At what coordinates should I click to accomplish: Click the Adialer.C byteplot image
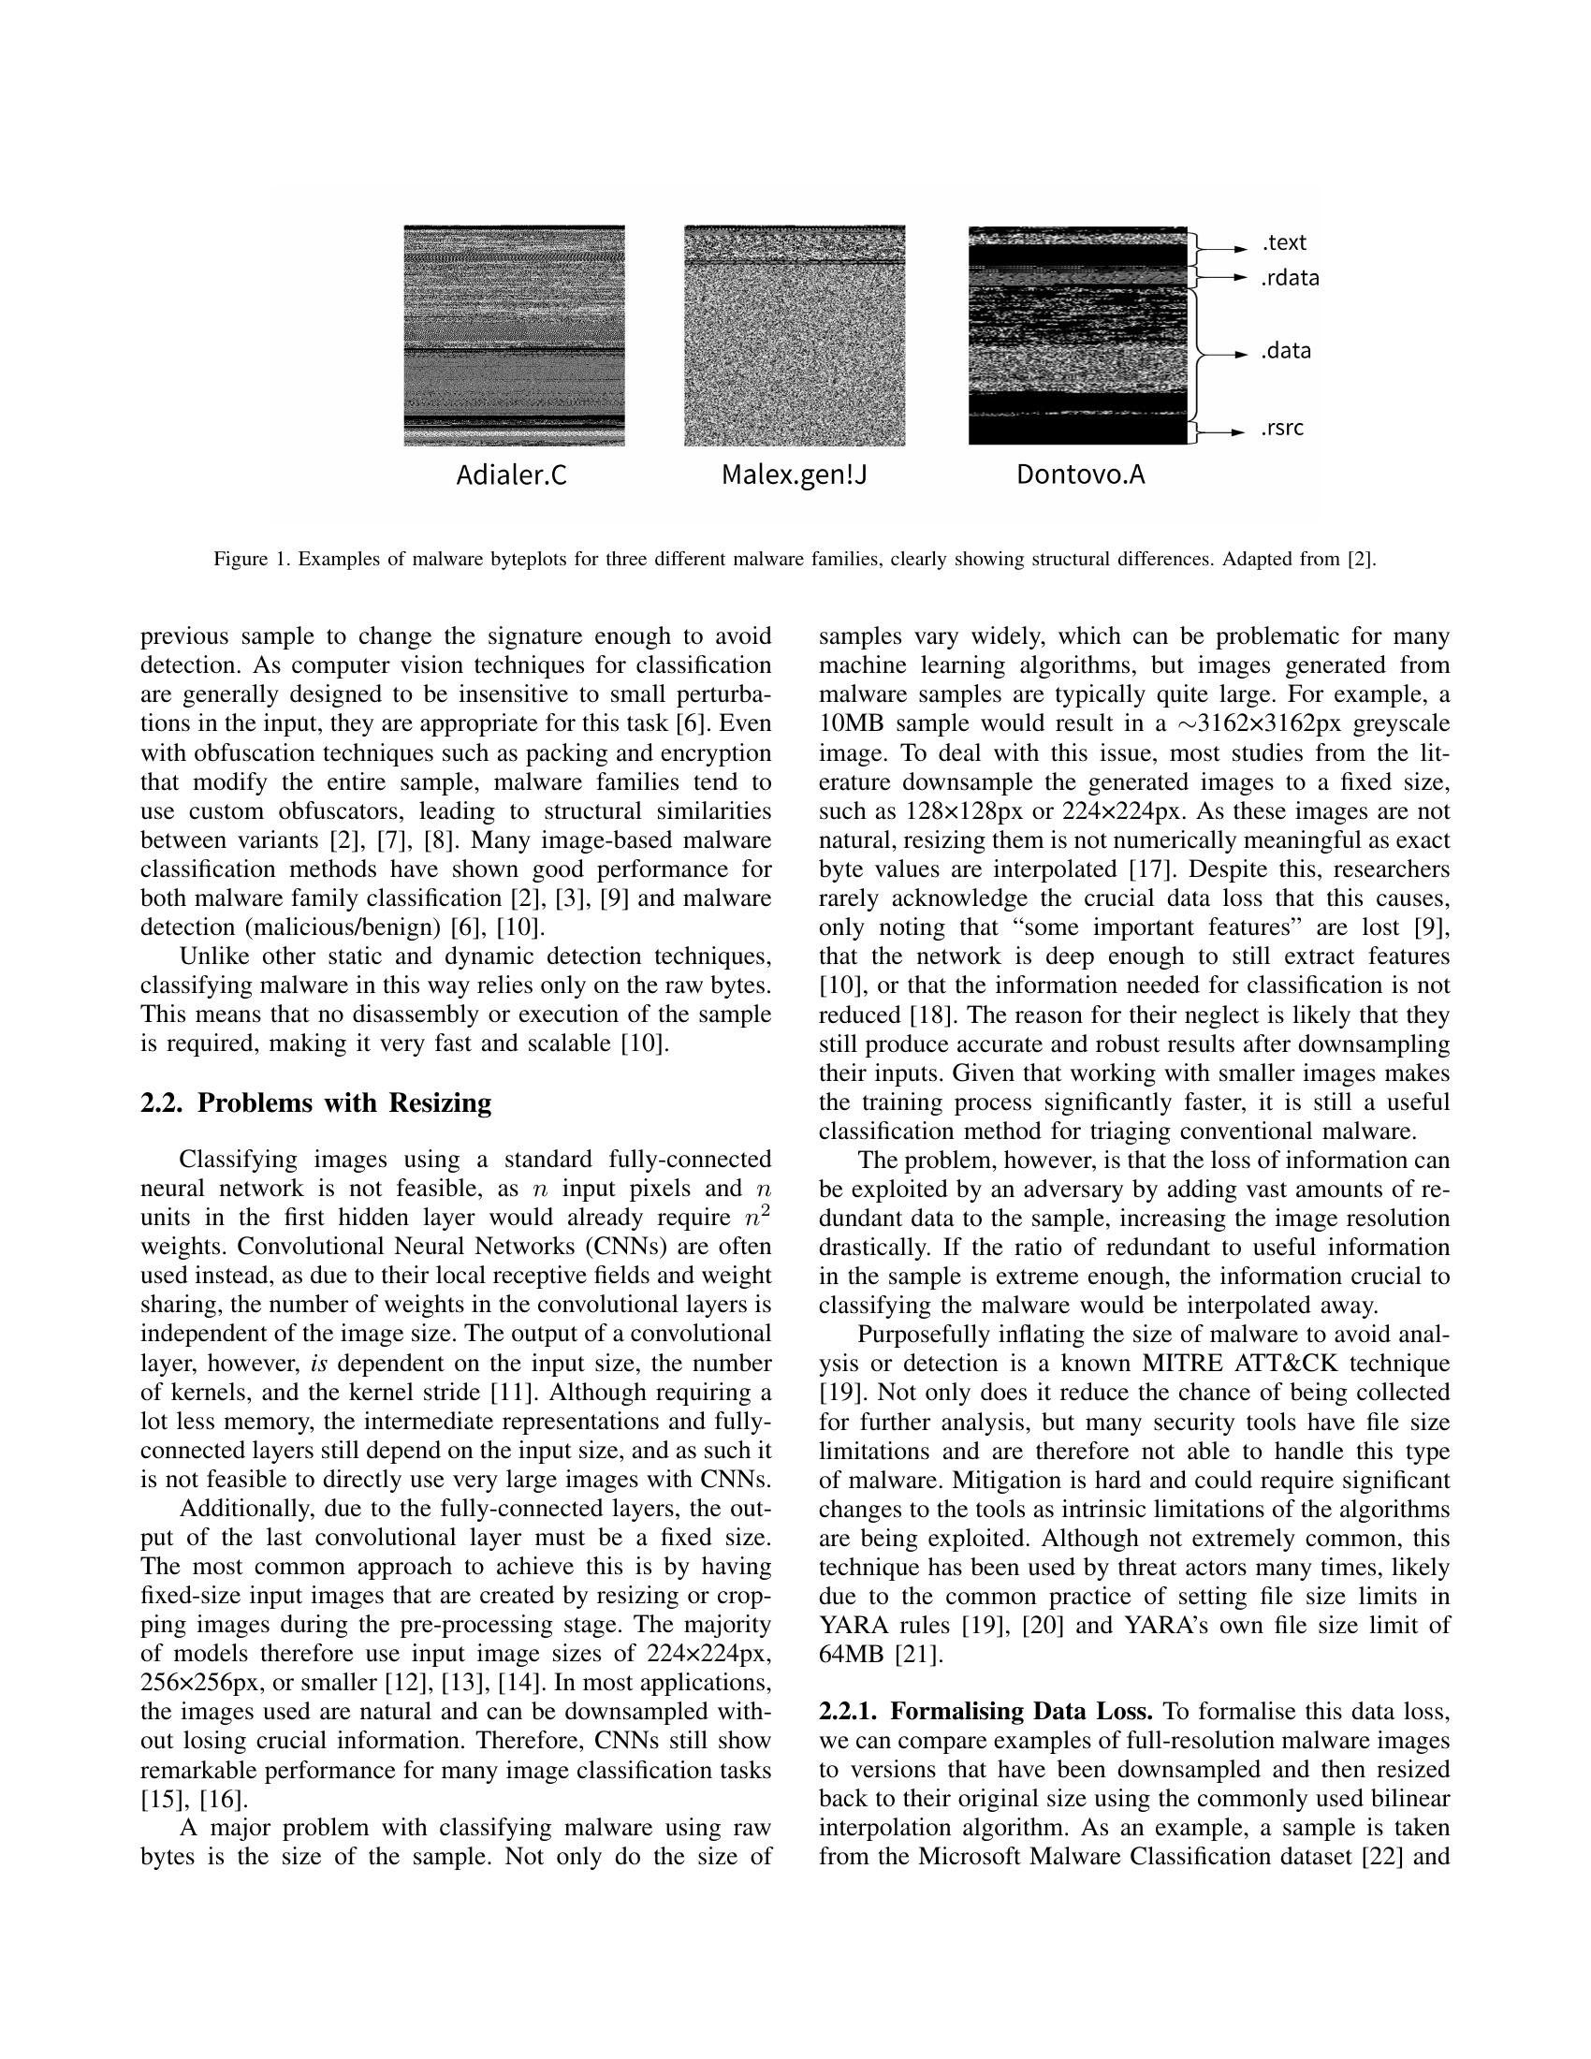pos(514,335)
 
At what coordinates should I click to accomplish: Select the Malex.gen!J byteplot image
pos(794,335)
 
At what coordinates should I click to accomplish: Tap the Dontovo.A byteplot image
pos(1077,335)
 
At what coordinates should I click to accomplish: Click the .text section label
pos(1284,243)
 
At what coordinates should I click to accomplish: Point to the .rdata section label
pos(1290,278)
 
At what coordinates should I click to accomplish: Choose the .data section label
pos(1286,352)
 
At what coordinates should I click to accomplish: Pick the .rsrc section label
pos(1283,428)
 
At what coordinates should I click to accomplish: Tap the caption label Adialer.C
pos(512,475)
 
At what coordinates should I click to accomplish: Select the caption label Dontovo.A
pos(1080,475)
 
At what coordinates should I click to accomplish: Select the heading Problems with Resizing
pos(344,1103)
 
